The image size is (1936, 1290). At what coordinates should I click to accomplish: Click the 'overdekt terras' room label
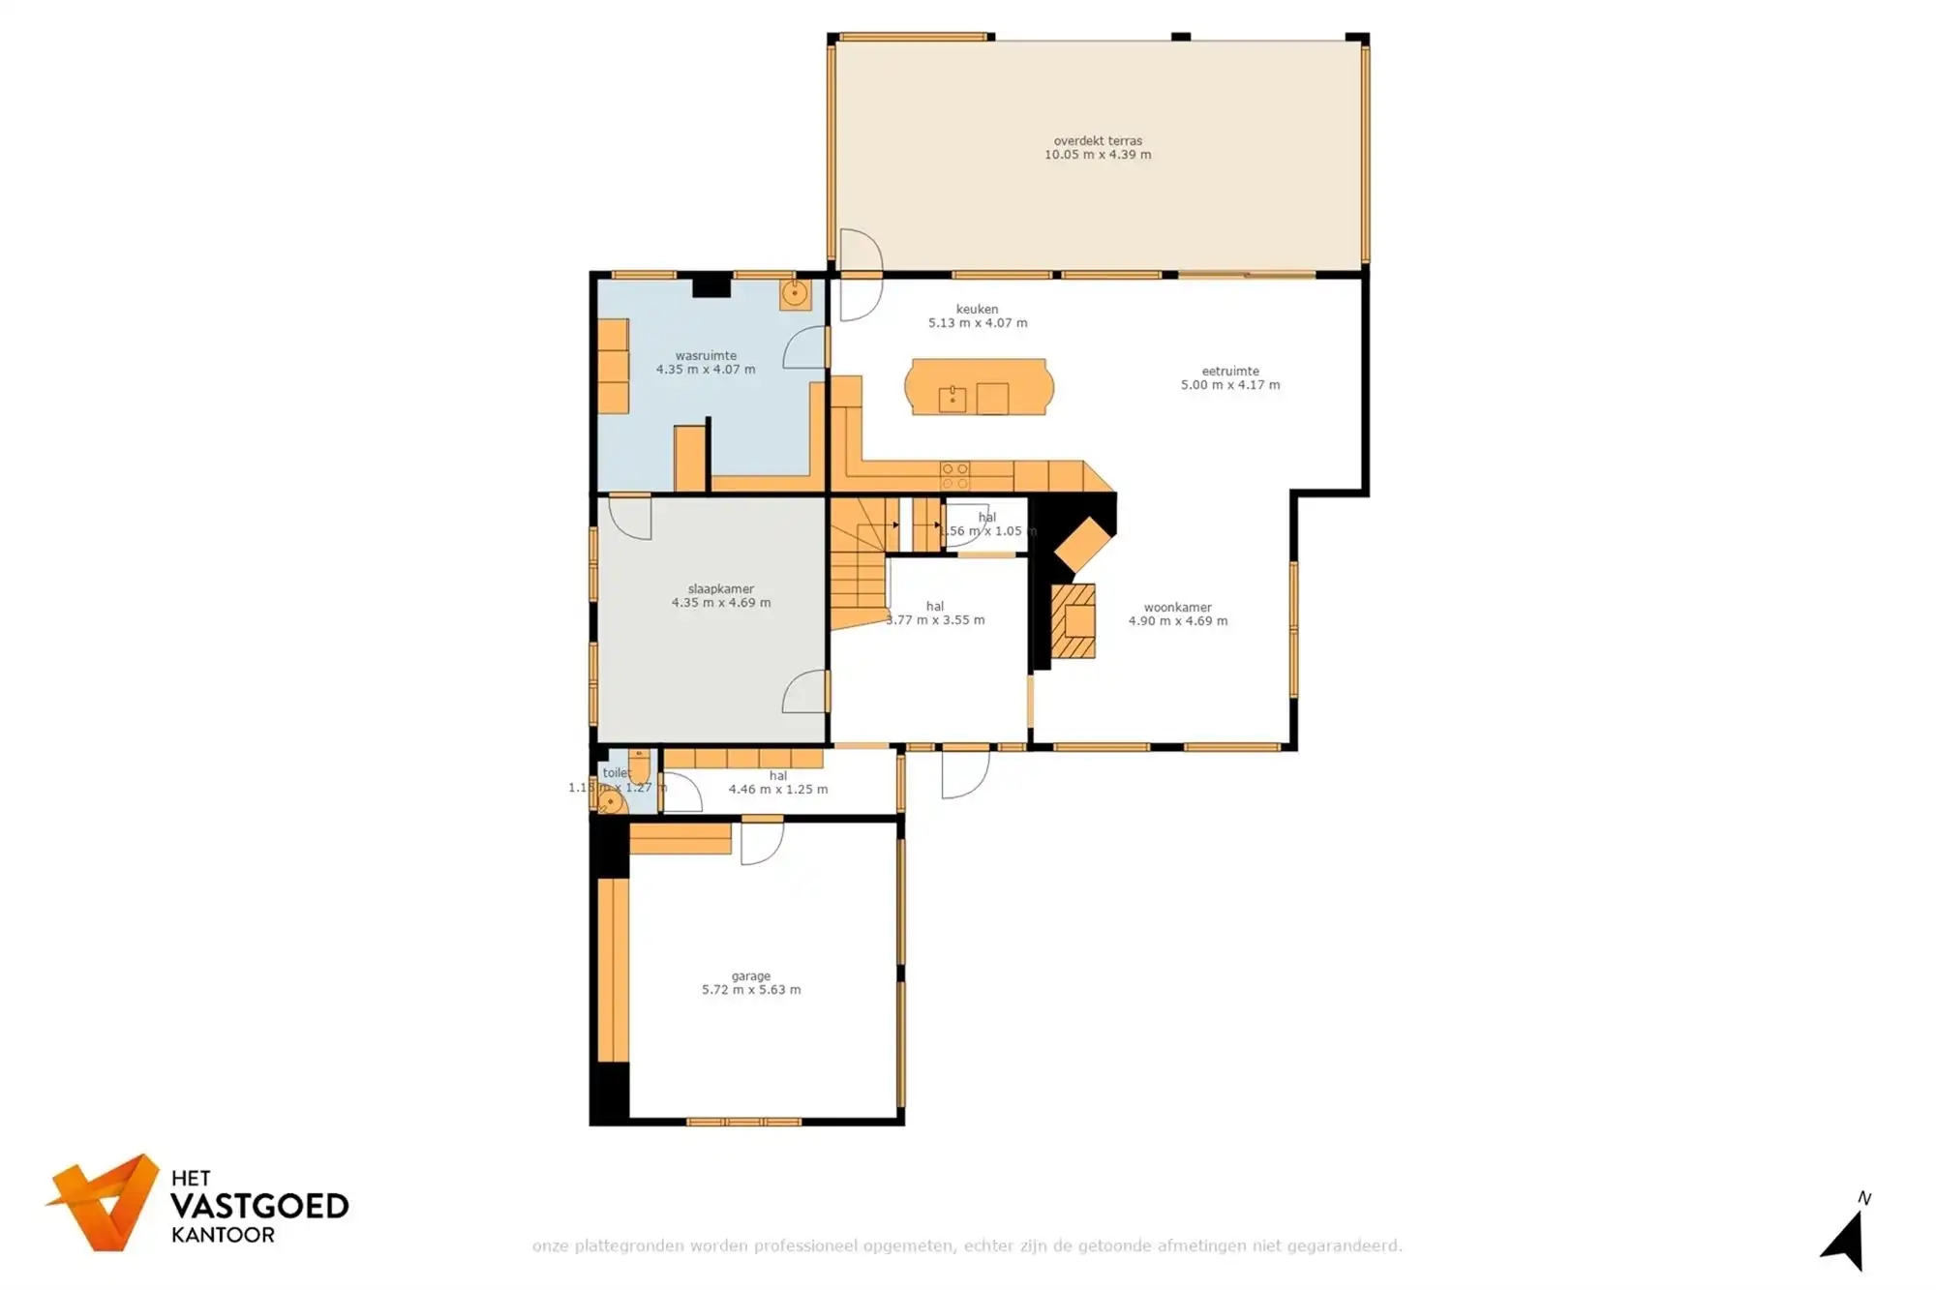1098,141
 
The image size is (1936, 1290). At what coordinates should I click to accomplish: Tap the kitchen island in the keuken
979,387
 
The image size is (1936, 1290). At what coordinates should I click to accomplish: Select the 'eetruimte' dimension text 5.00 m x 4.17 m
1229,385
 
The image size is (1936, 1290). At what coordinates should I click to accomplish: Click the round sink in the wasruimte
795,293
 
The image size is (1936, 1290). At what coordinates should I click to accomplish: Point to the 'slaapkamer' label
720,588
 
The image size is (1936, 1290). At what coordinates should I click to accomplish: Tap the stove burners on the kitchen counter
954,476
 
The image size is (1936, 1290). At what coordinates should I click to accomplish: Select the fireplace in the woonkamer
1074,620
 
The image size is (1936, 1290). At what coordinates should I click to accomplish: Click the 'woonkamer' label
1177,608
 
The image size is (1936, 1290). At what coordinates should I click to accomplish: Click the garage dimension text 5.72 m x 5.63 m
751,990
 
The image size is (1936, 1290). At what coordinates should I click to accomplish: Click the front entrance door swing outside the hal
965,775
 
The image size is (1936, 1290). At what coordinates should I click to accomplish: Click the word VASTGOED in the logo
259,1207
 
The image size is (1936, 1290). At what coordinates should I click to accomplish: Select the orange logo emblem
105,1202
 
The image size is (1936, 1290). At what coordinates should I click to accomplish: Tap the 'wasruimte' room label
706,355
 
